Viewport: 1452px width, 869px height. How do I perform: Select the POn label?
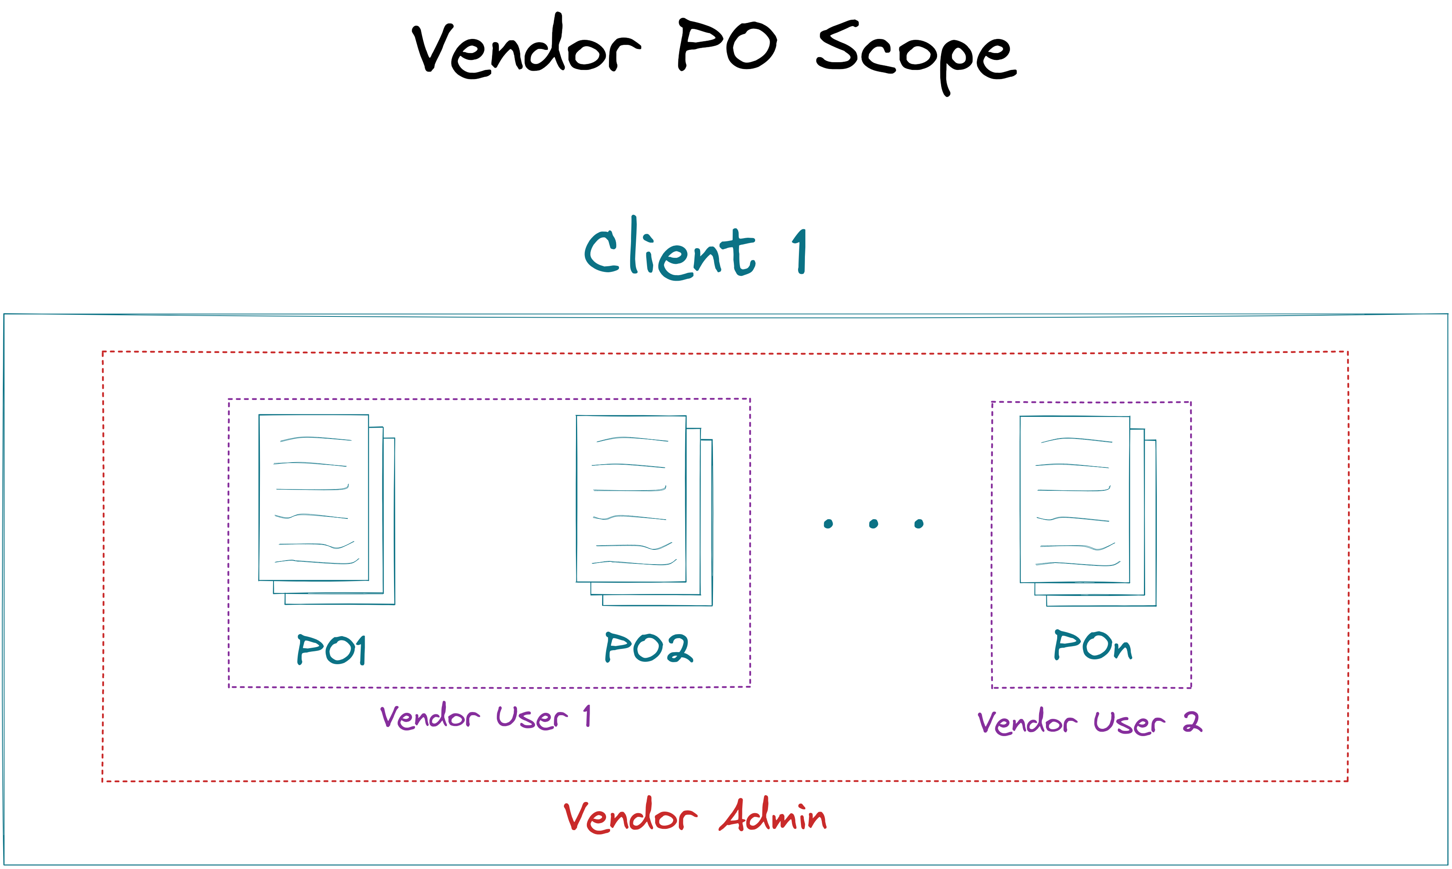click(1093, 645)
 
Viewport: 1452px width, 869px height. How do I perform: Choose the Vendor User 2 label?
click(1089, 722)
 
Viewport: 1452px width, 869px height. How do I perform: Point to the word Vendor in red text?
click(630, 815)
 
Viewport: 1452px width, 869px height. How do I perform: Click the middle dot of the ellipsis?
click(873, 524)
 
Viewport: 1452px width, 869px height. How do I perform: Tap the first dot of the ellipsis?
click(828, 524)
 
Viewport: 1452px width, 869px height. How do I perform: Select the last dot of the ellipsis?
click(919, 524)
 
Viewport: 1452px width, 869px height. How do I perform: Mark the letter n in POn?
click(1122, 649)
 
